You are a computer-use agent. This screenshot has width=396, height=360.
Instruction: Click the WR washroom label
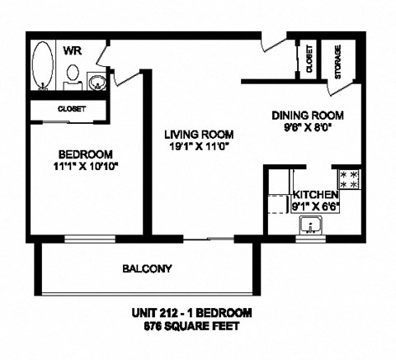72,51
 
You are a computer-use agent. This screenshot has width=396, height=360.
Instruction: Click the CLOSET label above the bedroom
71,108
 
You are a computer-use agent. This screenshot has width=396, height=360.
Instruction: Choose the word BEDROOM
85,155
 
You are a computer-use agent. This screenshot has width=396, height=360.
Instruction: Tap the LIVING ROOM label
198,135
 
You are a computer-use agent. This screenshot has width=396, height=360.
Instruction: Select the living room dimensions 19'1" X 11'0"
198,147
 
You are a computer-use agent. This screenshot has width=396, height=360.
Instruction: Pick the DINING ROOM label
308,116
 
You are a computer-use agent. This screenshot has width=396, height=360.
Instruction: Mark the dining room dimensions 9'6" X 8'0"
308,128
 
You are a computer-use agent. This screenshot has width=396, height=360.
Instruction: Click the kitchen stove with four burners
347,180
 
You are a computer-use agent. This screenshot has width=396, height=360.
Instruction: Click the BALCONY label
147,268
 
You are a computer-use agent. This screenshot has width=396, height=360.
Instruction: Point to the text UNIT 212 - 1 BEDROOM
191,313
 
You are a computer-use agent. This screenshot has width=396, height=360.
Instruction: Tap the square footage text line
191,326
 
